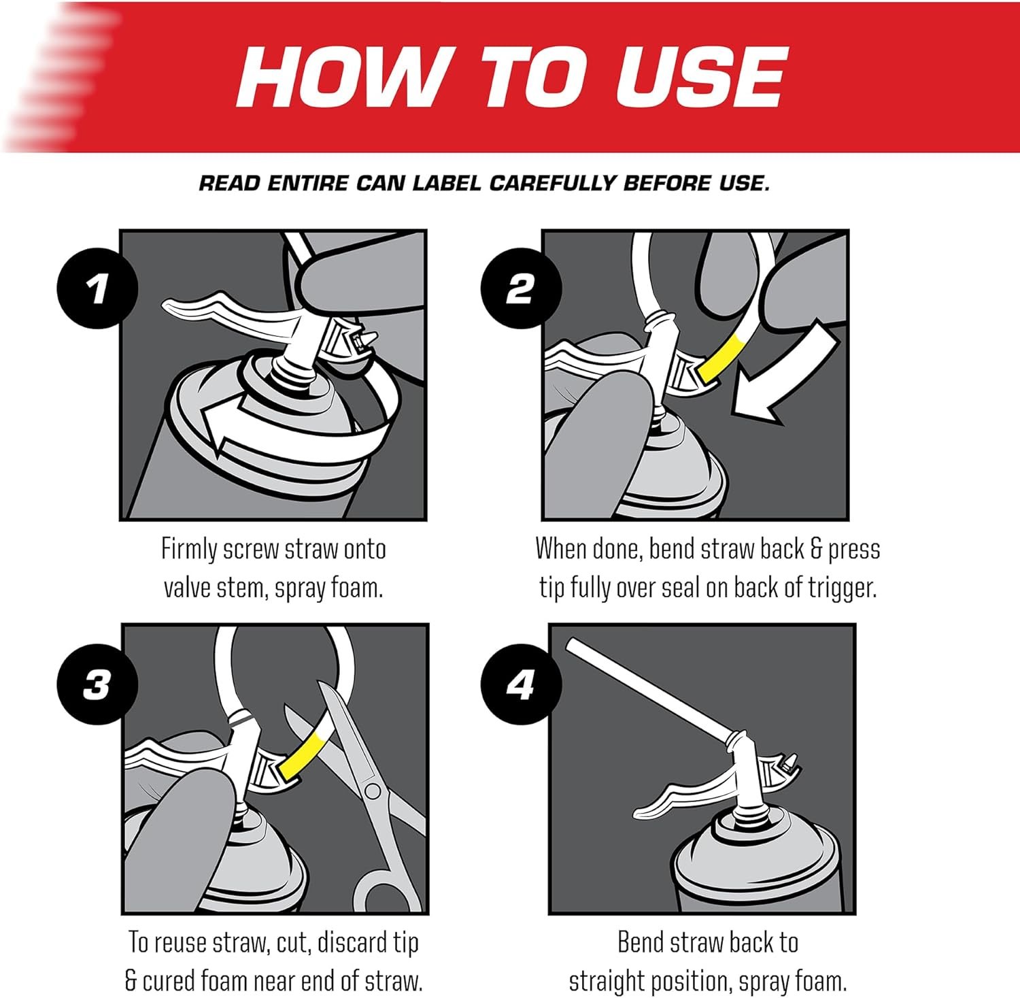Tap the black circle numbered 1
click(98, 288)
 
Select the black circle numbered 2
click(521, 288)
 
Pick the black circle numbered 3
click(98, 684)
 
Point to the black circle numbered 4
click(521, 684)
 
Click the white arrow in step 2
click(789, 378)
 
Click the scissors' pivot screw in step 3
click(372, 791)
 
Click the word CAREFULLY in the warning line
click(551, 183)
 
